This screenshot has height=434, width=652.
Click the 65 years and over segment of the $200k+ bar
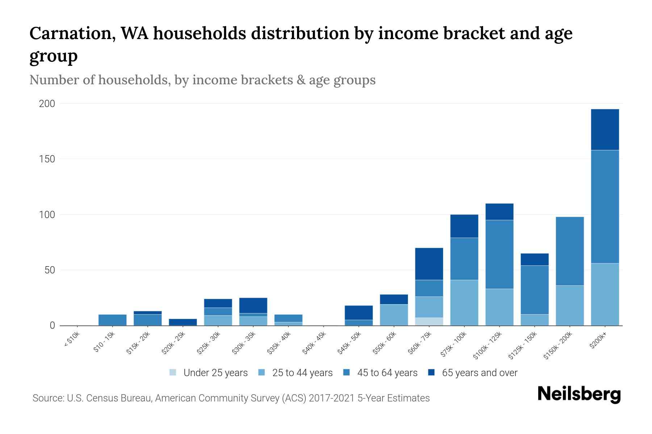(x=605, y=129)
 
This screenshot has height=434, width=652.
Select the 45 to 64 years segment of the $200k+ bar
(x=605, y=207)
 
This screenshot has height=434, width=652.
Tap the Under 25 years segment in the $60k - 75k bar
(x=429, y=322)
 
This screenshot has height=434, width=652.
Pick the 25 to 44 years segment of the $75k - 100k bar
(x=464, y=303)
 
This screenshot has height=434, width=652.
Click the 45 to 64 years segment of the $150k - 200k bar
(x=569, y=251)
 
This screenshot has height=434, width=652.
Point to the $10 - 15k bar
(x=112, y=320)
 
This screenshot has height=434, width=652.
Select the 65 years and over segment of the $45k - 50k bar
(x=359, y=313)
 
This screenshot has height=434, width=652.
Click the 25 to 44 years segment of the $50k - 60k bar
(x=394, y=315)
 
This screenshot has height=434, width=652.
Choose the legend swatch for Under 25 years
(x=173, y=373)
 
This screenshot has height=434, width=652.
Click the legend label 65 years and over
(x=480, y=373)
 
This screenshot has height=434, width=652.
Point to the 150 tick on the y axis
(x=47, y=159)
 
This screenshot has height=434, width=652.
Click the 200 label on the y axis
(x=47, y=104)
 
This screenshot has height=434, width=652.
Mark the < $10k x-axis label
(x=72, y=341)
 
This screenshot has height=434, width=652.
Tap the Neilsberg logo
(x=579, y=394)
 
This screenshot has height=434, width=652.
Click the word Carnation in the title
(x=71, y=34)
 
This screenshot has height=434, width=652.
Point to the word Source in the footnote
(x=47, y=398)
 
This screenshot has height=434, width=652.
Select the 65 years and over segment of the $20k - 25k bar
(x=183, y=322)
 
